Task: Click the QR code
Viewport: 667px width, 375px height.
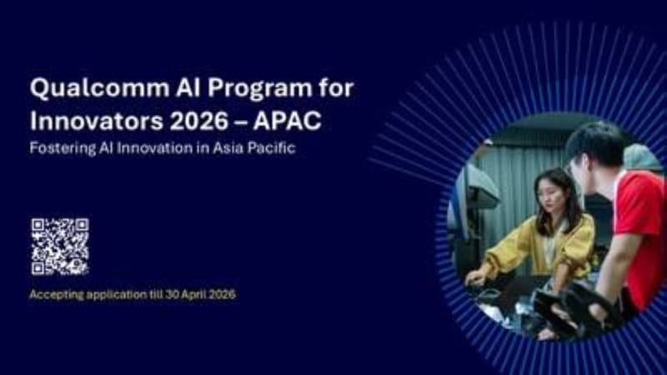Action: [x=60, y=247]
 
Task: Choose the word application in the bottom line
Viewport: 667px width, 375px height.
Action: [x=120, y=295]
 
